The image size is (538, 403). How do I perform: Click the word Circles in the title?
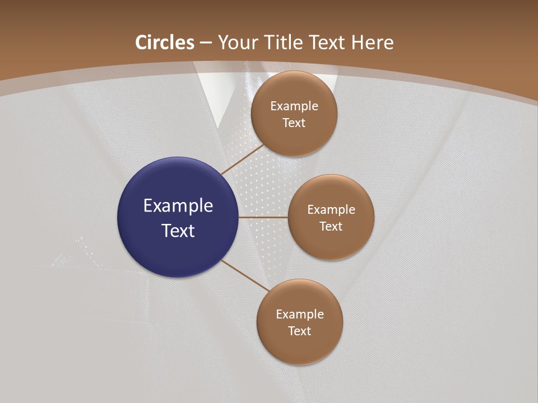click(165, 43)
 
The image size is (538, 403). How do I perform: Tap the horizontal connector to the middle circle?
click(263, 217)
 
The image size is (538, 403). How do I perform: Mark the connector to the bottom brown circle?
click(244, 275)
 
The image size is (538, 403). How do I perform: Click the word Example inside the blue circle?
click(178, 206)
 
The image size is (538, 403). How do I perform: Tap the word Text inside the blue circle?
click(178, 231)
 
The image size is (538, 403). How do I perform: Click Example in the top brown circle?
click(294, 106)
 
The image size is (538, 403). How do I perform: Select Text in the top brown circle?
click(294, 123)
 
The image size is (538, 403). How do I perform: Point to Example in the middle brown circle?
click(331, 210)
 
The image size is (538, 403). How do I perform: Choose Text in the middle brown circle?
click(331, 226)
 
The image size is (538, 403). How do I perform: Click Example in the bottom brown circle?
click(300, 315)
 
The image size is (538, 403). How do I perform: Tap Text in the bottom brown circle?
click(299, 331)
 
